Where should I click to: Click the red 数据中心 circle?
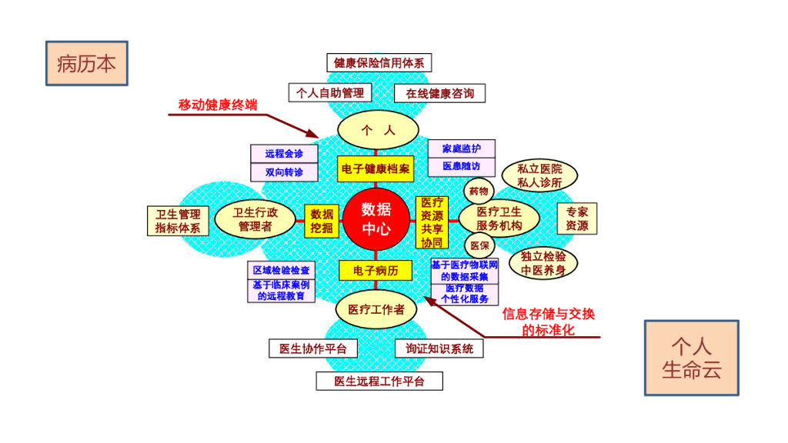[x=376, y=218]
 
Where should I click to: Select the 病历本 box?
[x=86, y=63]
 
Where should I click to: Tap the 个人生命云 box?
[x=691, y=358]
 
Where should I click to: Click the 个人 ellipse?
[x=378, y=131]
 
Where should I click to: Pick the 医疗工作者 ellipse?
[x=376, y=309]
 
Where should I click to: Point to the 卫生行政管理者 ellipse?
[x=255, y=219]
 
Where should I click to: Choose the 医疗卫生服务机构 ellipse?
[x=499, y=218]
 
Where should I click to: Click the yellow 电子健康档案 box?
[x=376, y=168]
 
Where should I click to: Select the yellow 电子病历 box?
[x=376, y=270]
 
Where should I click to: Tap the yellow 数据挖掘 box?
[x=322, y=221]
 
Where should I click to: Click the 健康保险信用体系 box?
[x=379, y=63]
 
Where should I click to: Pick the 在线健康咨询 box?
[x=439, y=93]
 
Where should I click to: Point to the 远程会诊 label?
[x=284, y=154]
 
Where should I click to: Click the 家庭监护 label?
[x=461, y=148]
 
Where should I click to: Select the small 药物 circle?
[x=478, y=190]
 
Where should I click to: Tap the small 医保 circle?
[x=479, y=245]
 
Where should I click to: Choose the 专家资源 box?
[x=576, y=218]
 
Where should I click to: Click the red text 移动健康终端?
[x=218, y=105]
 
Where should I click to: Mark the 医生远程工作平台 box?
[x=379, y=381]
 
